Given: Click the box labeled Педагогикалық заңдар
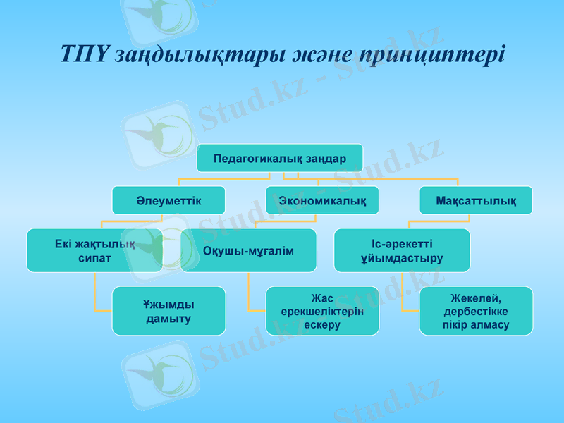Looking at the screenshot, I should coord(279,158).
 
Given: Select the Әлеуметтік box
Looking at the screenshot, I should coord(168,201).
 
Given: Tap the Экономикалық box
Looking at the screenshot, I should coord(322,201).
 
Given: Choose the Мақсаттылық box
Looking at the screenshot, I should coord(475,201).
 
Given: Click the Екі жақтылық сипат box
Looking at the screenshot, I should coord(94,250).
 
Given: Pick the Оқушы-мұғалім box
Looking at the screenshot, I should coord(248,250).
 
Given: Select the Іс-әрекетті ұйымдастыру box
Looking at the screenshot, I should coord(402,250).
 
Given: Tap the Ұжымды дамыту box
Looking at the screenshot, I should coord(168,311).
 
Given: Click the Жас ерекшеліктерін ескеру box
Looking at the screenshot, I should coord(322,311).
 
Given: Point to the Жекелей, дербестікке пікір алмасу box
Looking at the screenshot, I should coord(476,311).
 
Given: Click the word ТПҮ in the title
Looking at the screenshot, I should coord(82,54).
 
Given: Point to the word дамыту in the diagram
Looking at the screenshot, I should coord(168,319).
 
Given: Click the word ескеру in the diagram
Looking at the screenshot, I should coord(322,325).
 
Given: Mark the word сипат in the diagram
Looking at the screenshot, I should coord(94,258).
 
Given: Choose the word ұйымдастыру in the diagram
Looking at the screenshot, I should coord(402,258).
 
